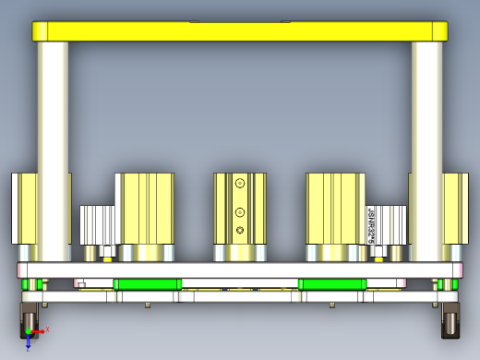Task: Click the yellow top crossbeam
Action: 240,30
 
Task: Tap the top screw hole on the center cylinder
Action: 240,183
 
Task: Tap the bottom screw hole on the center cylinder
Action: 240,229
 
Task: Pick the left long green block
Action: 147,283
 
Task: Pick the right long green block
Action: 332,283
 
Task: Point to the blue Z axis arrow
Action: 29,342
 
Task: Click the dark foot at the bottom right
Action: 451,322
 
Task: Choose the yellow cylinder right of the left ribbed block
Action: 145,207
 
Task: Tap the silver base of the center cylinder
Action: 240,252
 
